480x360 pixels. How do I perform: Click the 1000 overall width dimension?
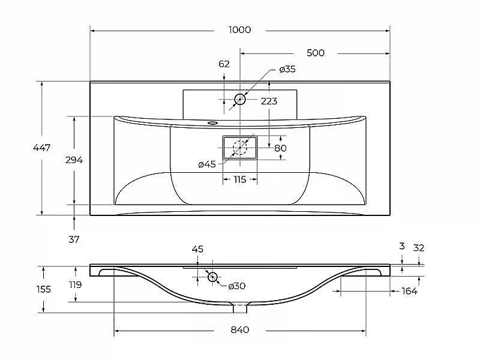click(x=239, y=29)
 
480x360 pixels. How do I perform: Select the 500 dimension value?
click(x=316, y=53)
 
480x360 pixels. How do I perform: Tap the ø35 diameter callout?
click(x=287, y=69)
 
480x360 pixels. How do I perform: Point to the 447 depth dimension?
click(x=41, y=148)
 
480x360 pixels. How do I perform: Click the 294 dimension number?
click(x=74, y=160)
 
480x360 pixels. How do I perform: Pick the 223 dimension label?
click(x=269, y=101)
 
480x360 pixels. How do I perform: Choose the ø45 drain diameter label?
click(x=207, y=164)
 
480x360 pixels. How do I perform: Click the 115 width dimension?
click(x=239, y=179)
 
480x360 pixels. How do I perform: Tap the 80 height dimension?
click(x=280, y=148)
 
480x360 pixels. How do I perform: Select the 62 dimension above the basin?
click(x=224, y=64)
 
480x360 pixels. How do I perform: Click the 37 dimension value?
click(x=74, y=239)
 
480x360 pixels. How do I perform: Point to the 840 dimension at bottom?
click(x=239, y=329)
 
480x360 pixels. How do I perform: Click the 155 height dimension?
click(x=43, y=289)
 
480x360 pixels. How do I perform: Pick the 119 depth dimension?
click(x=76, y=284)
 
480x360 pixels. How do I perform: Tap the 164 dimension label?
click(x=409, y=291)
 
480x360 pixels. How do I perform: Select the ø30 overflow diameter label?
click(x=236, y=286)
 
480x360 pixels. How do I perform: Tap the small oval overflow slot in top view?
click(x=212, y=123)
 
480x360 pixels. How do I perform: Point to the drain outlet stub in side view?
click(x=240, y=308)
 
